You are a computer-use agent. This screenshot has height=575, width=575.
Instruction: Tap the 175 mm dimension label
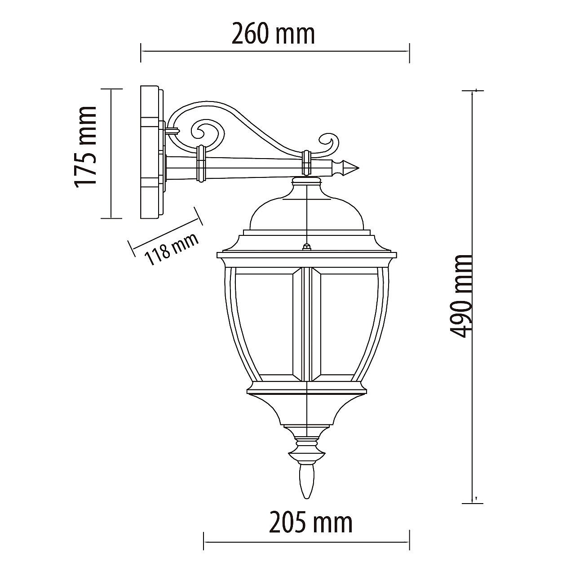click(x=85, y=147)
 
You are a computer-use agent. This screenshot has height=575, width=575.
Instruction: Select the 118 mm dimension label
click(x=171, y=249)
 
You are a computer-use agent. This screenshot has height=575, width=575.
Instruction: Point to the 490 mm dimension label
click(x=460, y=296)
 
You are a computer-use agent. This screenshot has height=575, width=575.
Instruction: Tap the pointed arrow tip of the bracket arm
click(x=358, y=168)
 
